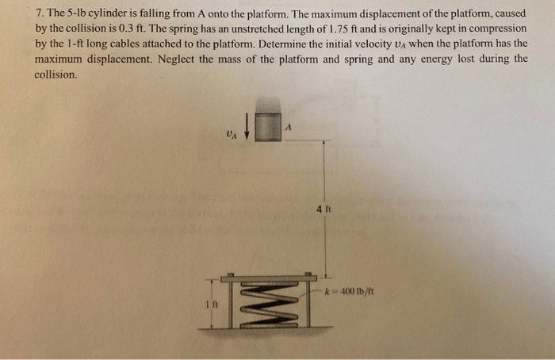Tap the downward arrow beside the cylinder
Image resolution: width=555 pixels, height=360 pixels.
(246, 126)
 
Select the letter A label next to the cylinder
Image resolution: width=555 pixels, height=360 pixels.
(290, 124)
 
